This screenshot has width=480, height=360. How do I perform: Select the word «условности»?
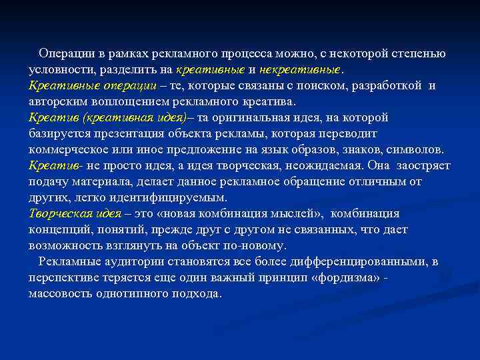[x=61, y=70]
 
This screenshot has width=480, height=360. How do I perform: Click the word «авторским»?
[x=56, y=102]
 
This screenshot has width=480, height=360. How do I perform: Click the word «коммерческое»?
[x=69, y=150]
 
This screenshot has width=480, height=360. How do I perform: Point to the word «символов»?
[x=415, y=150]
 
